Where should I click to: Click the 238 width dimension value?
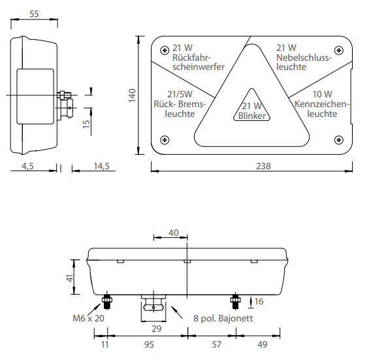click(x=263, y=166)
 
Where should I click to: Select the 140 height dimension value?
click(x=132, y=95)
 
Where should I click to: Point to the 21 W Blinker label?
click(x=251, y=110)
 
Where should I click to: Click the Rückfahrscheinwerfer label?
click(x=198, y=57)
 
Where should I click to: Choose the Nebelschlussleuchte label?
click(x=304, y=57)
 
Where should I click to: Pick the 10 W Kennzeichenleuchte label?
click(x=321, y=104)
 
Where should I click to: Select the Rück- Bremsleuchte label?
click(x=179, y=104)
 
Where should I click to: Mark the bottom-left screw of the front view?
click(x=165, y=139)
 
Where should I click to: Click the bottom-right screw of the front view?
click(x=338, y=139)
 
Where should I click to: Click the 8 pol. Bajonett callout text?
click(x=223, y=319)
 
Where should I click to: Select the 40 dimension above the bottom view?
click(x=173, y=233)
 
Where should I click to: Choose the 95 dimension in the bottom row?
click(x=149, y=343)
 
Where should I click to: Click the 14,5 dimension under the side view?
click(x=101, y=166)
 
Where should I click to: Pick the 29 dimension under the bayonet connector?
click(x=156, y=328)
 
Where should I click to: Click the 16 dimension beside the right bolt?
click(x=259, y=301)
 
